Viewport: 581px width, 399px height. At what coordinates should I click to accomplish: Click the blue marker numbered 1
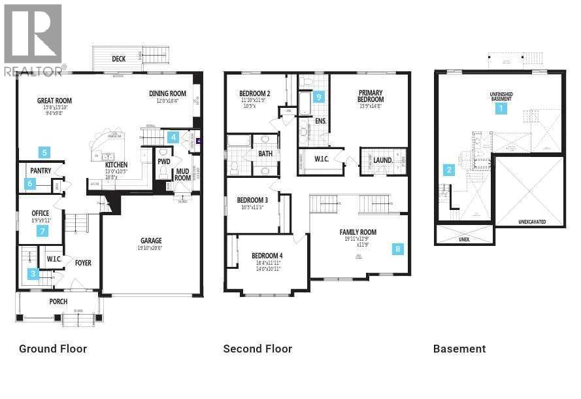pyautogui.click(x=501, y=109)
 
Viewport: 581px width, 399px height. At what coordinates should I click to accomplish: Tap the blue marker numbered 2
pyautogui.click(x=449, y=170)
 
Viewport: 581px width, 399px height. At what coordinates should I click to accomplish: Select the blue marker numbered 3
pyautogui.click(x=33, y=274)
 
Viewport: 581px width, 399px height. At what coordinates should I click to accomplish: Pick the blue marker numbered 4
pyautogui.click(x=173, y=137)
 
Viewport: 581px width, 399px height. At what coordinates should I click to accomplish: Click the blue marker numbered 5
pyautogui.click(x=44, y=153)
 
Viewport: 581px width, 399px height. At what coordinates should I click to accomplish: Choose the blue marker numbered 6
pyautogui.click(x=29, y=184)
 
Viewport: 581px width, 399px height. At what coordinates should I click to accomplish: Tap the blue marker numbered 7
pyautogui.click(x=43, y=231)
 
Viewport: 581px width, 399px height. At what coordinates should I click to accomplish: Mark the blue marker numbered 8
pyautogui.click(x=398, y=249)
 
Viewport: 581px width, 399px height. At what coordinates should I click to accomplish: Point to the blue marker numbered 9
pyautogui.click(x=318, y=97)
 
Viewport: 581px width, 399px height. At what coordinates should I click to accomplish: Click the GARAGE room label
pyautogui.click(x=151, y=241)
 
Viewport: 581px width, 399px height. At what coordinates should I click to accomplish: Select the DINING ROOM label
pyautogui.click(x=167, y=94)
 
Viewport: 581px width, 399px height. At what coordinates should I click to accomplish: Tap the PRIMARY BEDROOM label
pyautogui.click(x=370, y=97)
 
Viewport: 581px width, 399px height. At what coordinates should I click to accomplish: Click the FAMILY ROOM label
pyautogui.click(x=357, y=232)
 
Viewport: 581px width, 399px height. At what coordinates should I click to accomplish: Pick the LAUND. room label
pyautogui.click(x=382, y=160)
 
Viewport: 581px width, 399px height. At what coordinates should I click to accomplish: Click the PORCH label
pyautogui.click(x=58, y=302)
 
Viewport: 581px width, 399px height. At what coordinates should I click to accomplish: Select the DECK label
pyautogui.click(x=118, y=59)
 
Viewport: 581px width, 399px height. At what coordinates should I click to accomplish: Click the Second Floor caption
pyautogui.click(x=257, y=349)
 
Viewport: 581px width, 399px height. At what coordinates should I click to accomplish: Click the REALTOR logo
pyautogui.click(x=33, y=39)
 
